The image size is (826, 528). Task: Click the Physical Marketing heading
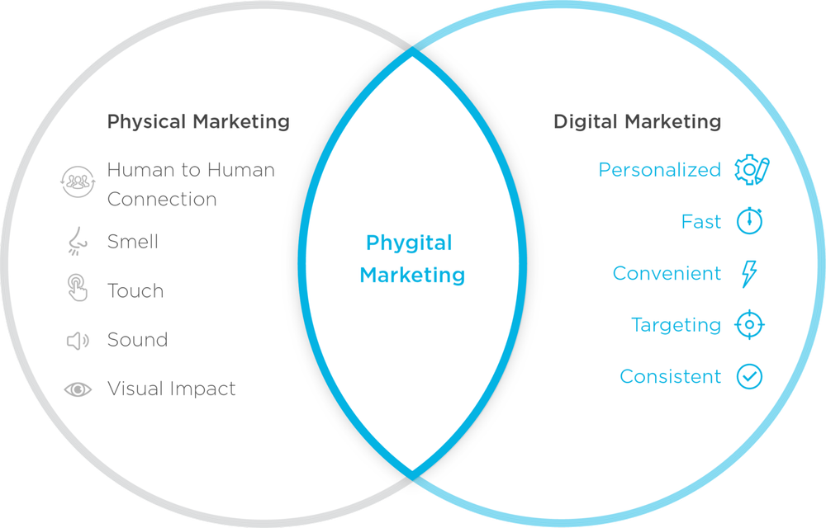pos(198,122)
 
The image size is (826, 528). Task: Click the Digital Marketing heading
pos(637,122)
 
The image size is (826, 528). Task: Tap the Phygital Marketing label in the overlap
pos(411,258)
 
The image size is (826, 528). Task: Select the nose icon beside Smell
pos(78,242)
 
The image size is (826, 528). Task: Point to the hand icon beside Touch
pos(78,289)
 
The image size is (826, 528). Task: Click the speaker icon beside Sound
pos(78,340)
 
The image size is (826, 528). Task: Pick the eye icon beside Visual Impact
pos(78,389)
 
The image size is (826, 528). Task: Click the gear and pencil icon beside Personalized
pos(752,170)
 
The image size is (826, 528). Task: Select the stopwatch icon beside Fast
pos(750,221)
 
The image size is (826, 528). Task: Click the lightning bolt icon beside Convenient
pos(749,273)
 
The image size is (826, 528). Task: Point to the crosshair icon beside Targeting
pos(749,325)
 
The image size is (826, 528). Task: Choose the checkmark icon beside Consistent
pos(749,377)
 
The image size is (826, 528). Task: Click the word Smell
pos(133,242)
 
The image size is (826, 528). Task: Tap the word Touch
pos(135,290)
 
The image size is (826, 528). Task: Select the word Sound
pos(137,340)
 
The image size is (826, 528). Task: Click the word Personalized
pos(659,170)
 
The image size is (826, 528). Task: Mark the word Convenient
pos(667,273)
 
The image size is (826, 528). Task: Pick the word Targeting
pos(676,325)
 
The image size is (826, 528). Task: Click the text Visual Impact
pos(171,389)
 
